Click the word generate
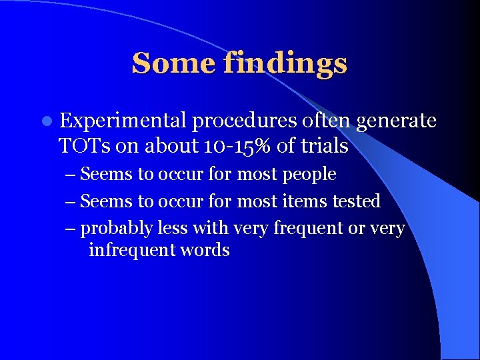397,121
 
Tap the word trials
325,145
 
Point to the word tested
359,201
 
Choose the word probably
117,228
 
